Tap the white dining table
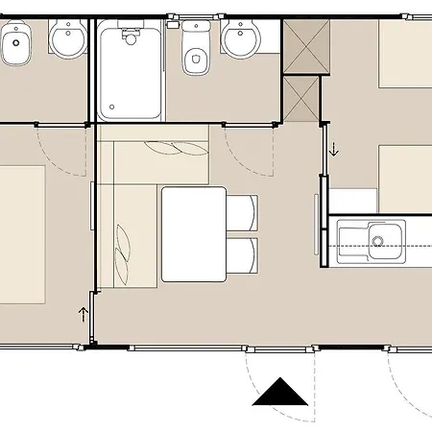193,233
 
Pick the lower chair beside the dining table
241,256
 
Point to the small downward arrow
334,149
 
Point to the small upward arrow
84,313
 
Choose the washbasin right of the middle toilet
239,39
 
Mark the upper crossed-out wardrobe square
303,44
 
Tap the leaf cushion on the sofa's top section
176,149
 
